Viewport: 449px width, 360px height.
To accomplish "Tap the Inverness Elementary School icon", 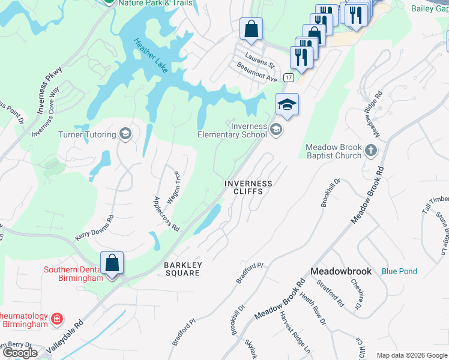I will [276, 129].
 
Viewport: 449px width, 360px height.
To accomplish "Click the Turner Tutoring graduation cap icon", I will [125, 134].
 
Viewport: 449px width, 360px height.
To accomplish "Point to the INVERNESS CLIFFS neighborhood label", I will [248, 187].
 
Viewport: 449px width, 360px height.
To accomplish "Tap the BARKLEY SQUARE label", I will [182, 269].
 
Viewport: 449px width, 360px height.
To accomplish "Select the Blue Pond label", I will [399, 271].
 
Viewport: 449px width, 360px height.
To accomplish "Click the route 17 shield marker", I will [289, 78].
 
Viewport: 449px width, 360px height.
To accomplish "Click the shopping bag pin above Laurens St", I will [251, 29].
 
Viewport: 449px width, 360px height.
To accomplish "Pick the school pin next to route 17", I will [287, 106].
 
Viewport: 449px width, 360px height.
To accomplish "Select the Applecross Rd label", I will [166, 214].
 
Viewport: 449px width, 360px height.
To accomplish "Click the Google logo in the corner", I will [20, 353].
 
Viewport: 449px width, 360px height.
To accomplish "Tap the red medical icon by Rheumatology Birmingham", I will [56, 318].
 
